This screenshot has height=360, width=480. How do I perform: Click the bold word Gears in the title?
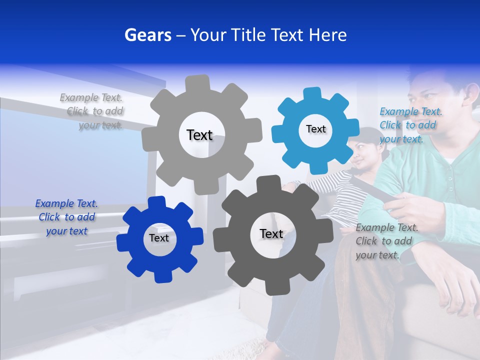147,35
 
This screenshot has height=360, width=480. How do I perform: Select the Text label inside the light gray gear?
199,135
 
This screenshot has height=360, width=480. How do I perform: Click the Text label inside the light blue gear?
315,129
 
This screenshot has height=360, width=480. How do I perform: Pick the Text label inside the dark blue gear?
159,238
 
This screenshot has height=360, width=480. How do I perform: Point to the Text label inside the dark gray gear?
271,233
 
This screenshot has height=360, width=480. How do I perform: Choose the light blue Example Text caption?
410,125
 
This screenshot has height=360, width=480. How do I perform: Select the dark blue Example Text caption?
66,217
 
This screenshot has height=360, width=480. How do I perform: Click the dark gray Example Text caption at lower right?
386,241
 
